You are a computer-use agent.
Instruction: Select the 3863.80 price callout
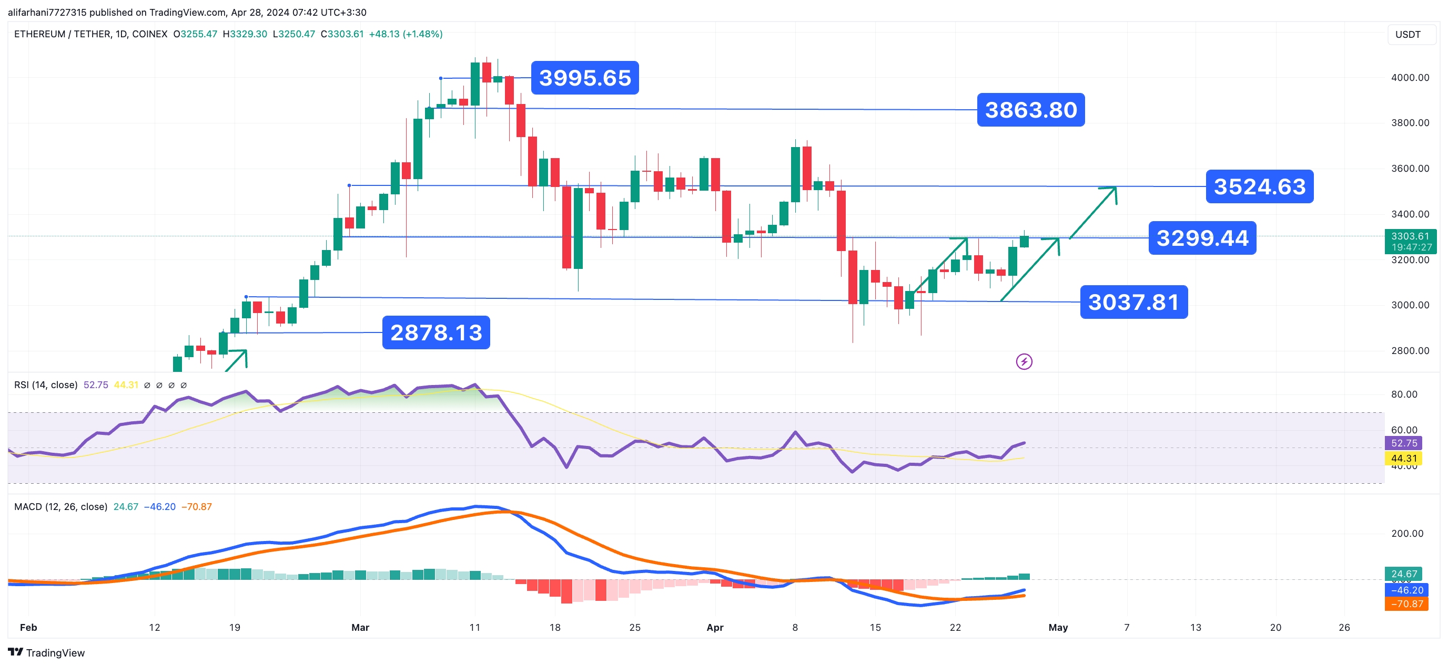tap(1030, 109)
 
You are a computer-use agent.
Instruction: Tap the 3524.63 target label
tap(1259, 186)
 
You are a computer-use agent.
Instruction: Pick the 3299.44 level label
tap(1202, 238)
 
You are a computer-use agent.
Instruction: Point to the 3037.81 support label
tap(1133, 302)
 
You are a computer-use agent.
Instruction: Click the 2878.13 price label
tap(436, 332)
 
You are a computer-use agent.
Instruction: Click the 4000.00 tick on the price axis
tap(1410, 78)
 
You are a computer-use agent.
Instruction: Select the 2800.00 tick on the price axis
tap(1410, 350)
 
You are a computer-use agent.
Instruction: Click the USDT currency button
tap(1408, 34)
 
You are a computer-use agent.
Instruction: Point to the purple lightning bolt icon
tap(1024, 362)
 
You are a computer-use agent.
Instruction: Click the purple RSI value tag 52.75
tap(1403, 443)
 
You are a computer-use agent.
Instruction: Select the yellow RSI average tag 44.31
tap(1403, 458)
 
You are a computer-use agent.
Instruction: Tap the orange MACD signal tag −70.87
tap(1406, 603)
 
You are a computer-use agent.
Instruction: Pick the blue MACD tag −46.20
tap(1406, 590)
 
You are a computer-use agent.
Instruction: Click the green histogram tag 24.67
tap(1403, 574)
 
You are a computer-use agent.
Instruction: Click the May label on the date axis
tap(1057, 627)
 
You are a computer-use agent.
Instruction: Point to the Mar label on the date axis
tap(360, 627)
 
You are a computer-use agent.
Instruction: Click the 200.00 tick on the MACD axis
tap(1407, 533)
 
